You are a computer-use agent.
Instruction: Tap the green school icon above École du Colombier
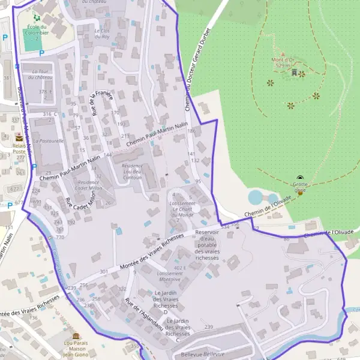click(x=37, y=19)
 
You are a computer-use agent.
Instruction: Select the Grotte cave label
click(x=301, y=186)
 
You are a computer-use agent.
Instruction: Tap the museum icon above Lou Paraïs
click(x=76, y=336)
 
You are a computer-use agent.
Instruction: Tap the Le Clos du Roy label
click(x=102, y=33)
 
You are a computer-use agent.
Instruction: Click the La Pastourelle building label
click(x=49, y=140)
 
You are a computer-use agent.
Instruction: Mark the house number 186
click(x=192, y=131)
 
